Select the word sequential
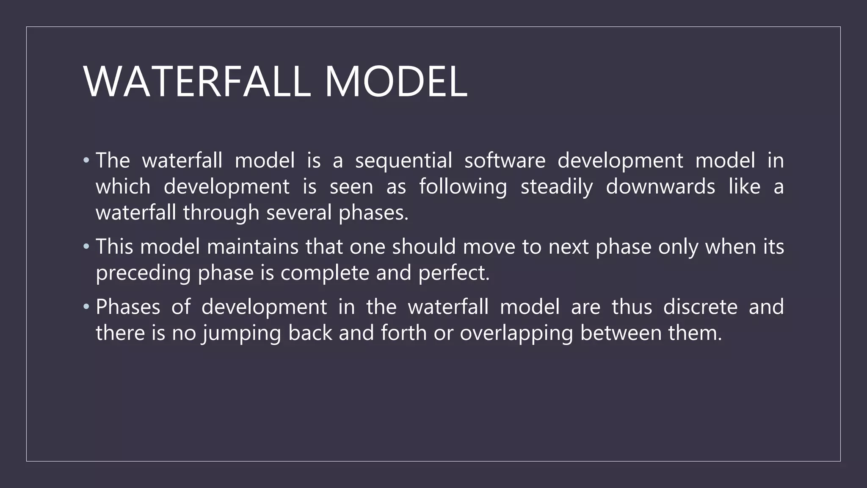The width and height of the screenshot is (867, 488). [x=403, y=161]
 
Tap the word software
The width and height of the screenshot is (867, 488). [x=505, y=161]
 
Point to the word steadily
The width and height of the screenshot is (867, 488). [x=557, y=187]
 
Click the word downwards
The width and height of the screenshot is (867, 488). [x=660, y=187]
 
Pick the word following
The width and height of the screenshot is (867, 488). [x=463, y=187]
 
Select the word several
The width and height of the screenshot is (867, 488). [x=299, y=213]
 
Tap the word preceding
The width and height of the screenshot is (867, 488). [x=143, y=273]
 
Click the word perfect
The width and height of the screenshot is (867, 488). [x=453, y=273]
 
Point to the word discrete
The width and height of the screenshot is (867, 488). [x=700, y=307]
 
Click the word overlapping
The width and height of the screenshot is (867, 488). [x=516, y=333]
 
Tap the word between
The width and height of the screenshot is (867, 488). [x=621, y=333]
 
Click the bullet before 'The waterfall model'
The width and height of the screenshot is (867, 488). [x=86, y=161]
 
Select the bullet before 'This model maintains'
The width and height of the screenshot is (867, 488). [x=86, y=247]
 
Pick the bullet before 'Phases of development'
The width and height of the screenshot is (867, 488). [x=86, y=307]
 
